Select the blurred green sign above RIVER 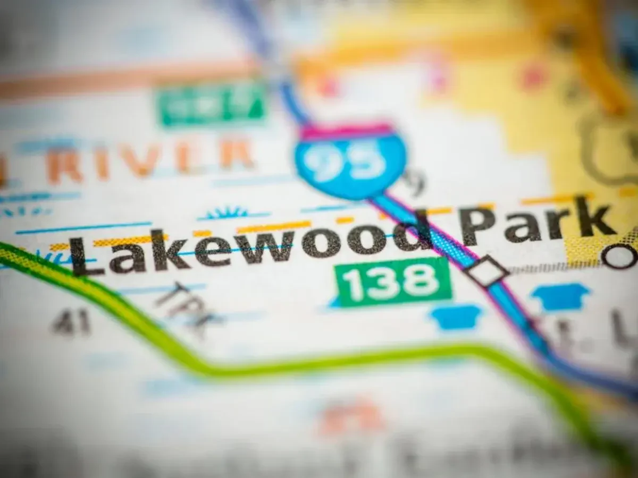[213, 104]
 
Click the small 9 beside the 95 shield [415, 182]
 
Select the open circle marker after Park [621, 257]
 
